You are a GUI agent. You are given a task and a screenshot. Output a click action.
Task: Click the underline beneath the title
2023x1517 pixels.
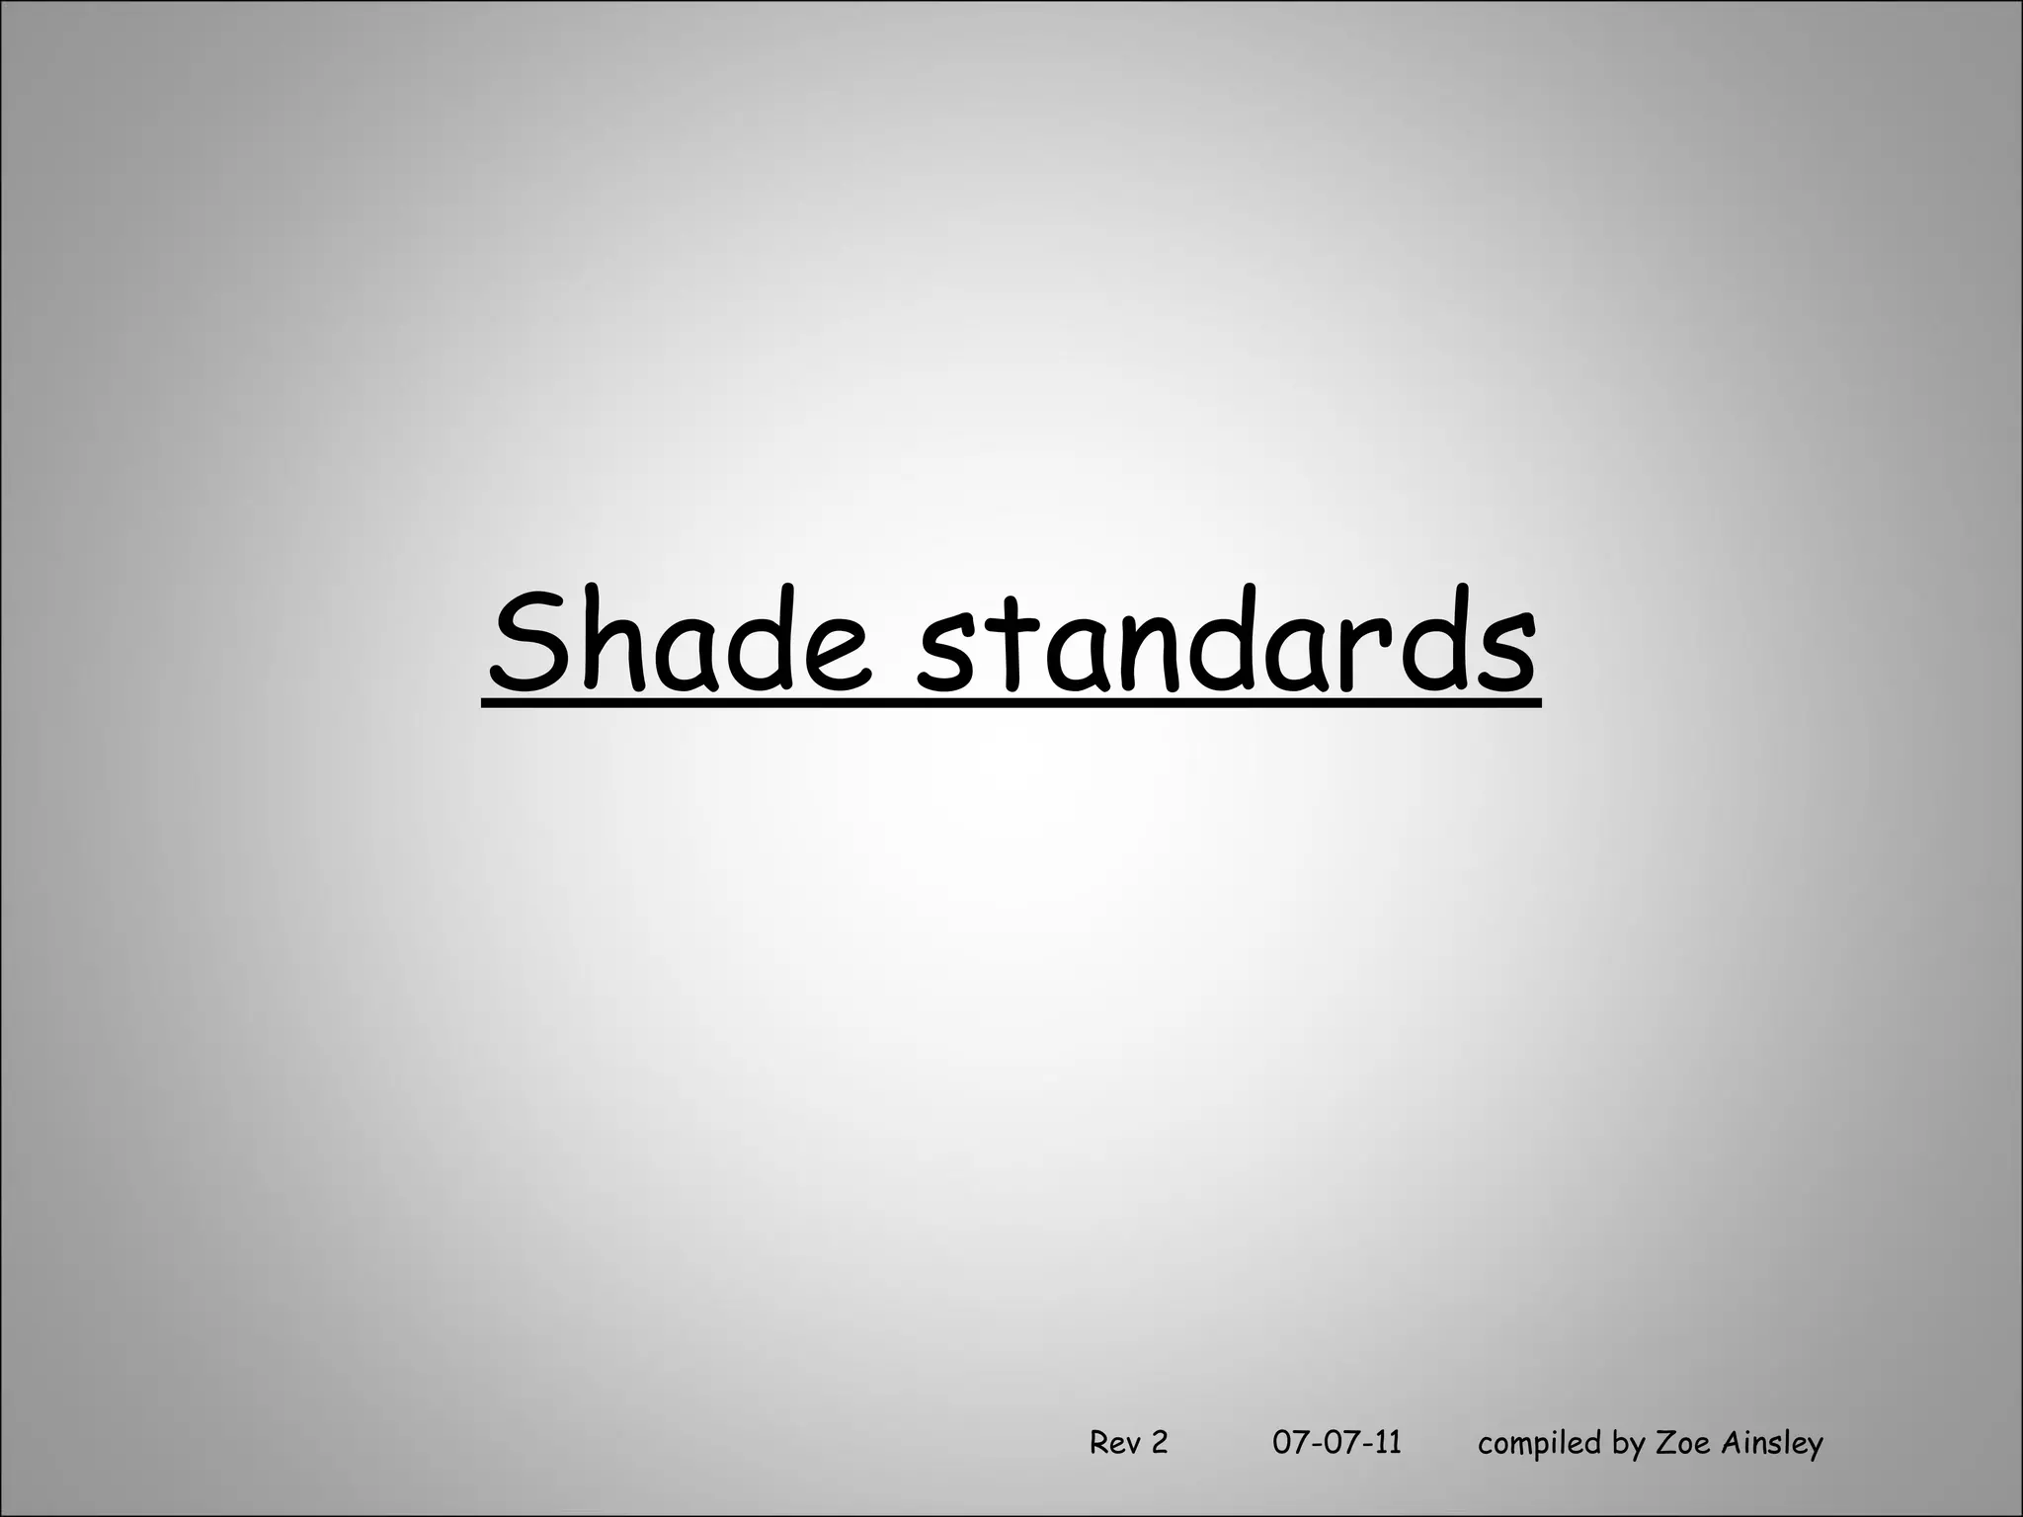point(1011,702)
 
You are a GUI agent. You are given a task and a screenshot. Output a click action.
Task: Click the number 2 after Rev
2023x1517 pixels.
point(1159,1443)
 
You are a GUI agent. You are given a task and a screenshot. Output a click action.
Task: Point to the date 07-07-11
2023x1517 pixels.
point(1336,1443)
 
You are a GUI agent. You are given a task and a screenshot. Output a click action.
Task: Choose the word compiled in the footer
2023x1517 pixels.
point(1540,1443)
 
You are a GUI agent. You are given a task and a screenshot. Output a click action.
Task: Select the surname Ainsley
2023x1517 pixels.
point(1771,1443)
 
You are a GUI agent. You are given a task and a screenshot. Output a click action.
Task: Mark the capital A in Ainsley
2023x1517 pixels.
point(1730,1443)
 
